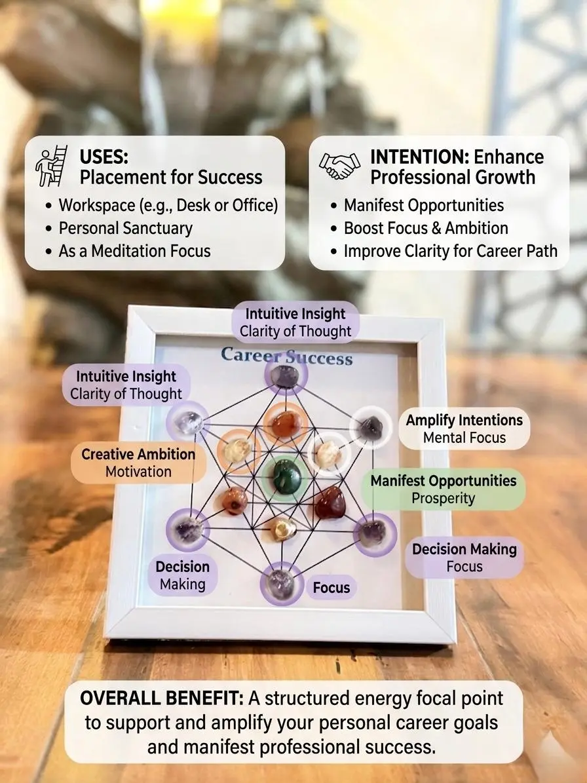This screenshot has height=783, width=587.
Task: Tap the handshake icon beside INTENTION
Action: pyautogui.click(x=339, y=166)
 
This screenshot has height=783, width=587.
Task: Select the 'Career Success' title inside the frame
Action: pyautogui.click(x=286, y=356)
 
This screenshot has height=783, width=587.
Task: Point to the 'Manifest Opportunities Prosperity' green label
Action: pyautogui.click(x=444, y=489)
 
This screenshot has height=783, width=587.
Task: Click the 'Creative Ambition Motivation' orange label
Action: pyautogui.click(x=138, y=463)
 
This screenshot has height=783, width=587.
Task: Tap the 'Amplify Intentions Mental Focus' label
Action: pyautogui.click(x=464, y=429)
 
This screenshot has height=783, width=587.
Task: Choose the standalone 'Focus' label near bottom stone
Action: pyautogui.click(x=331, y=587)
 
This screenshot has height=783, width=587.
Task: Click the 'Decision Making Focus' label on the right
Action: pyautogui.click(x=464, y=558)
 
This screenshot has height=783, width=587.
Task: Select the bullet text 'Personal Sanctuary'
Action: pyautogui.click(x=125, y=228)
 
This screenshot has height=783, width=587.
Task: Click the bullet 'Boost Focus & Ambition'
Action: pyautogui.click(x=426, y=228)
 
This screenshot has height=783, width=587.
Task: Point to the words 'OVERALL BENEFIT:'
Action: pyautogui.click(x=162, y=698)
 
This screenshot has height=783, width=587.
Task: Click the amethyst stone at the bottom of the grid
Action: pyautogui.click(x=281, y=582)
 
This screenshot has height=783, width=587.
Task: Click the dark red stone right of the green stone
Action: pyautogui.click(x=330, y=503)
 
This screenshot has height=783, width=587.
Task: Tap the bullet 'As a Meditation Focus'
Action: pyautogui.click(x=135, y=251)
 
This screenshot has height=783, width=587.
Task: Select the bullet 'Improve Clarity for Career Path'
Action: pyautogui.click(x=451, y=251)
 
